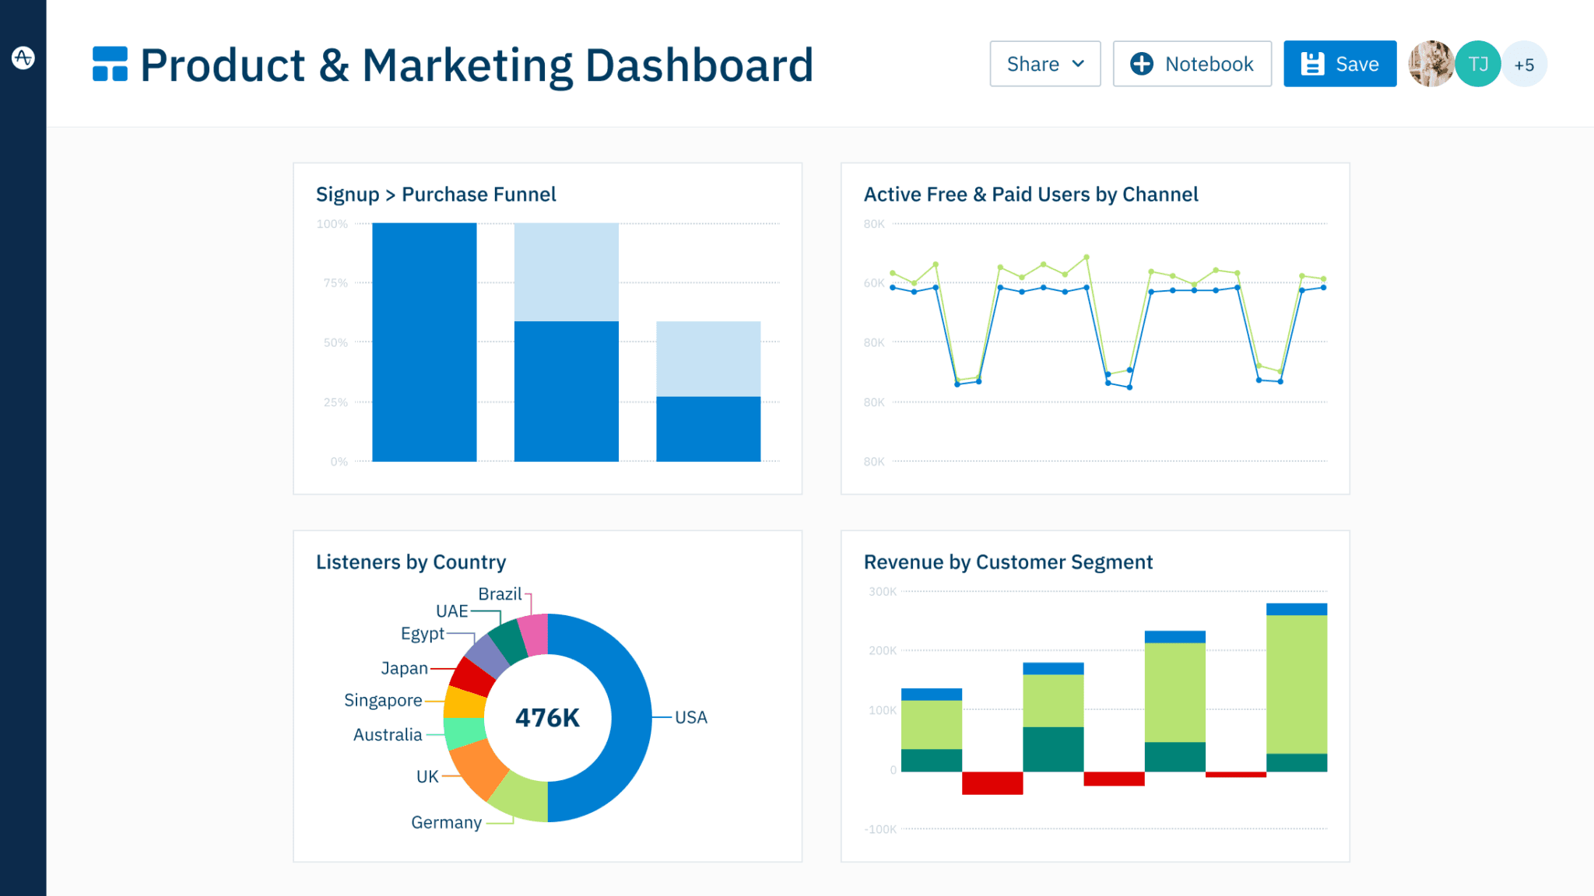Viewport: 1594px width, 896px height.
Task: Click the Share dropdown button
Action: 1045,64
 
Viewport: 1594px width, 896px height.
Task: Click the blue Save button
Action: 1339,64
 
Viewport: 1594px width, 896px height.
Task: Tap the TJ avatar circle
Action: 1477,64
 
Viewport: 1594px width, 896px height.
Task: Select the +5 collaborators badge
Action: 1524,65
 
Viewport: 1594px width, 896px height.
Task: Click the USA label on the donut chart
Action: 690,717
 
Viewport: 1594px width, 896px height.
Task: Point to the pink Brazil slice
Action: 535,634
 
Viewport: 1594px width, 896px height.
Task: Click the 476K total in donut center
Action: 547,717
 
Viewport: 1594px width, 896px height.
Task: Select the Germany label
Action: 446,822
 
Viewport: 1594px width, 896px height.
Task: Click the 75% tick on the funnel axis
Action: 335,283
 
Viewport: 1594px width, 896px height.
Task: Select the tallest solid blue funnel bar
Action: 424,342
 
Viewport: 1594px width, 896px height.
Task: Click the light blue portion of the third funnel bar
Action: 708,359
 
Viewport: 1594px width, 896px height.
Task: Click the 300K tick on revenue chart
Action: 883,592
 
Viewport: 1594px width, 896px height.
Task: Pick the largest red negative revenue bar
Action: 992,782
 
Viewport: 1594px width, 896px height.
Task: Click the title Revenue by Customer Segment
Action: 1008,562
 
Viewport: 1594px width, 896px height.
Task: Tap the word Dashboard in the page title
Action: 698,65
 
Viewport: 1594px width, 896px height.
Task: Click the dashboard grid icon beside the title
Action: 110,64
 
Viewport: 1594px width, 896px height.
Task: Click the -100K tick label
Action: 880,829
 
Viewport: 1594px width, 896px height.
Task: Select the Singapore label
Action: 383,700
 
